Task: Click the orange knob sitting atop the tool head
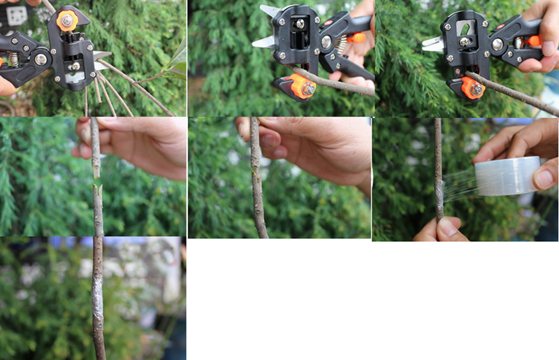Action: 67,21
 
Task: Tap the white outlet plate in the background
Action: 16,15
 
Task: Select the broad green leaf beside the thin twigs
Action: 177,59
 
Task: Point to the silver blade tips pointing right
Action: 102,55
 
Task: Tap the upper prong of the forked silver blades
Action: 269,11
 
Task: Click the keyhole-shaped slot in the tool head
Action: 464,29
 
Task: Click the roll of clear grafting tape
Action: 507,176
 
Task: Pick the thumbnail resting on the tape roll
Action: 544,178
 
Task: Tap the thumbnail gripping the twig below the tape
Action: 448,226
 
